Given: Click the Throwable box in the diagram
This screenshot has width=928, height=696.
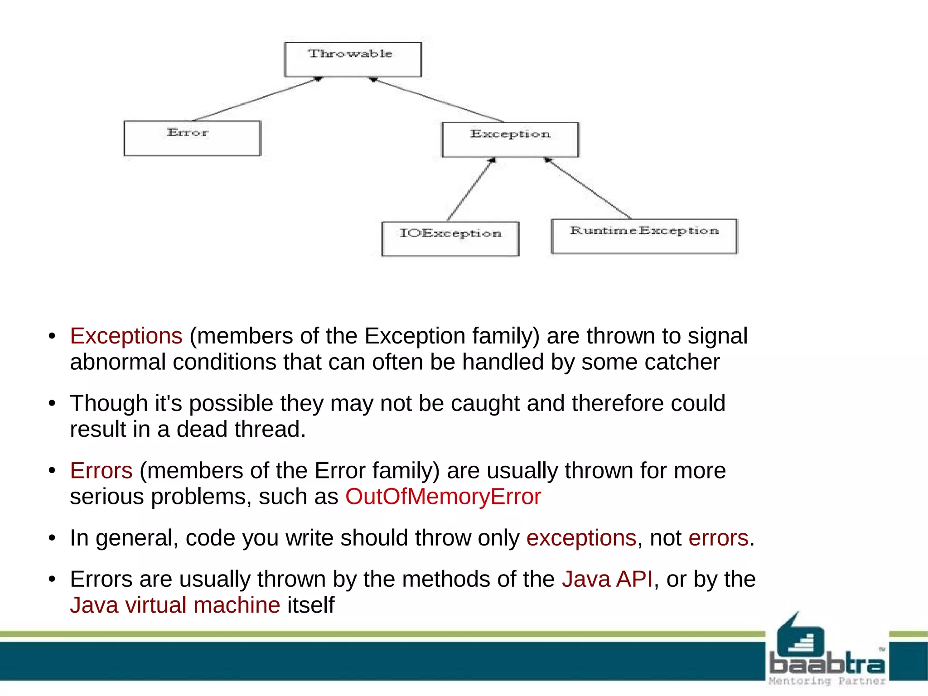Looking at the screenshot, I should point(353,59).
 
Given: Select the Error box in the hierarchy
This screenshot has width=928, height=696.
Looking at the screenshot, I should point(192,138).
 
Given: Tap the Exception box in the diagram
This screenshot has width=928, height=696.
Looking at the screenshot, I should point(510,140).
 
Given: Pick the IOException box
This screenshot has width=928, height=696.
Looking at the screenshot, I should point(450,238).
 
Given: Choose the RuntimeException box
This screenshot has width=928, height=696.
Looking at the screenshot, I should point(644,236).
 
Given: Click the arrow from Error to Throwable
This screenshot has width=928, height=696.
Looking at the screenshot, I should point(256,99).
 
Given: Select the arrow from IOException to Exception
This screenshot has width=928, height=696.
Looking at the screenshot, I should point(470,189).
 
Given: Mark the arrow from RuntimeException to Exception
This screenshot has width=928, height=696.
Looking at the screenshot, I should point(588,188).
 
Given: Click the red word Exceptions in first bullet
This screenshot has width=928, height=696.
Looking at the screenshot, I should point(126,336).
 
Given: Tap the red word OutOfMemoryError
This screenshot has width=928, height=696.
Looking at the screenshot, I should point(443,497).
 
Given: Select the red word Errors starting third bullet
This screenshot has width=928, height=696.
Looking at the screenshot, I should point(101,470).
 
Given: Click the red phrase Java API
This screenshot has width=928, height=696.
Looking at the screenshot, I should point(607,579).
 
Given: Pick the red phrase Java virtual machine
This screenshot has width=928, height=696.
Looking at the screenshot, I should point(175,605).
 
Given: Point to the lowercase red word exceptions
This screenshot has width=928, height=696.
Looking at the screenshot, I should point(581,538).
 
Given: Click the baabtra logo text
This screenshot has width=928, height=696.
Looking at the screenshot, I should point(827,664).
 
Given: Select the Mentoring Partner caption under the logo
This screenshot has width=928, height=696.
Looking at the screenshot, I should point(827,681).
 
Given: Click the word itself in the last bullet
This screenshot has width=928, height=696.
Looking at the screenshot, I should point(311,605).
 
